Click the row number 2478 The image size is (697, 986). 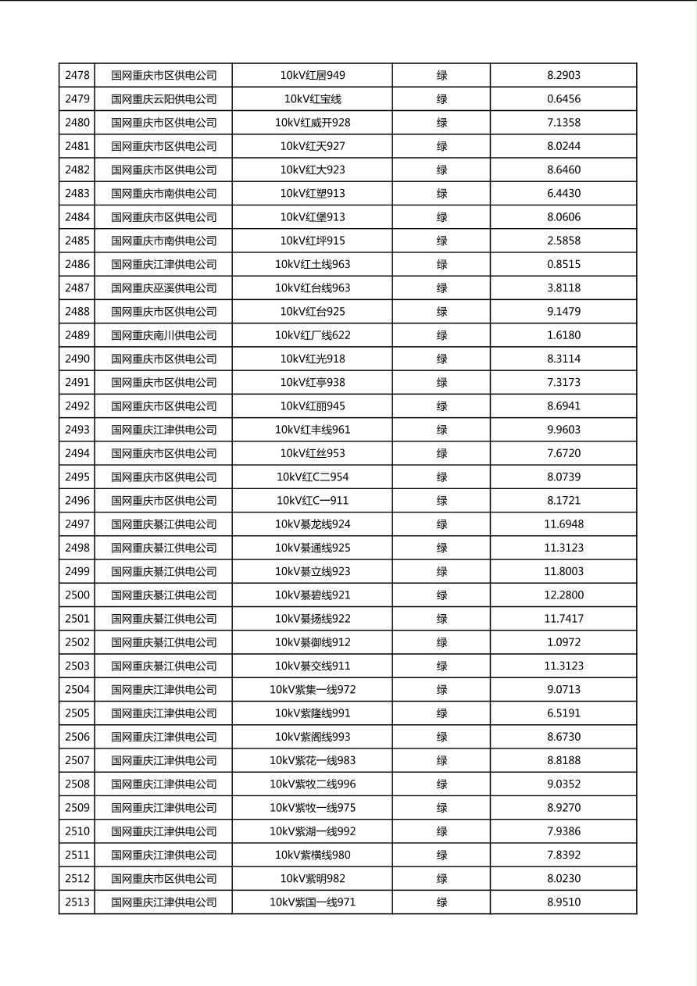[x=77, y=76]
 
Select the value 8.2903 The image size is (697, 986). [x=563, y=76]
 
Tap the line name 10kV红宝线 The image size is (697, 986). [x=313, y=99]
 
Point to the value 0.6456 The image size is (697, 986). [x=563, y=99]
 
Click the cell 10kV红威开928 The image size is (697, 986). [x=313, y=123]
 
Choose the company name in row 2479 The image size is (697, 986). [x=164, y=99]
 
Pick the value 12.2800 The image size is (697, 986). [x=563, y=595]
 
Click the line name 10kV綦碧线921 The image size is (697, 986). [x=313, y=595]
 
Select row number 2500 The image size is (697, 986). [x=77, y=595]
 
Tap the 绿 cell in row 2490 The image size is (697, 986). [x=441, y=359]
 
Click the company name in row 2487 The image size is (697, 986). [x=164, y=288]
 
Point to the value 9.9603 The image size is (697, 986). [x=563, y=430]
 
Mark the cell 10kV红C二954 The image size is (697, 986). [x=313, y=477]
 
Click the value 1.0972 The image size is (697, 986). [x=563, y=642]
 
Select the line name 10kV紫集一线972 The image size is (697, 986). [x=313, y=690]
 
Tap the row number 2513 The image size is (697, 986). [x=77, y=902]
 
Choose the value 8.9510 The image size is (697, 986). [x=563, y=902]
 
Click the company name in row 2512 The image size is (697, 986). [x=164, y=879]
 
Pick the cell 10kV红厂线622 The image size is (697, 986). [x=313, y=335]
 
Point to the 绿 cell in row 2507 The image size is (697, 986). [x=441, y=760]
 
